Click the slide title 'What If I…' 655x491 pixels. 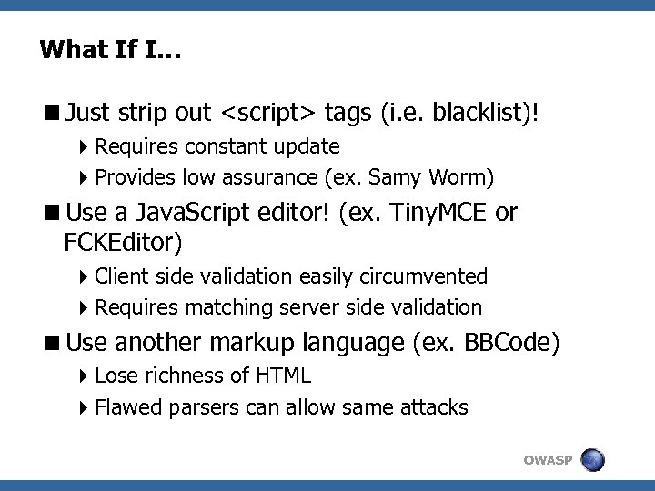pos(110,49)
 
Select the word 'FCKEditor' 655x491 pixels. pos(125,243)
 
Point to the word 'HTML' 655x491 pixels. pos(282,376)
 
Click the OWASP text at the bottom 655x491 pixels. pos(548,461)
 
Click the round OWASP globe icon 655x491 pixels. pos(592,460)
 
